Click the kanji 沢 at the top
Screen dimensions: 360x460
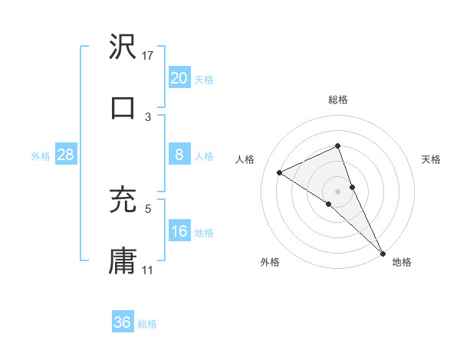[123, 47]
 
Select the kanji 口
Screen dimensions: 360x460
[123, 108]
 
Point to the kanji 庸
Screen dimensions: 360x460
[123, 260]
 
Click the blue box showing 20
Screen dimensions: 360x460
[179, 78]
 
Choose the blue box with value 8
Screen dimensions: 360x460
[179, 155]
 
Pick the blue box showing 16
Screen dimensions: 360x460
[179, 231]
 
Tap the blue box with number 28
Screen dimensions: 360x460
[65, 155]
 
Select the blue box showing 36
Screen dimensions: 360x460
[122, 322]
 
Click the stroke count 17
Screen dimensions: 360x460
[148, 55]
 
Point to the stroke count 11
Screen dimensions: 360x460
[148, 270]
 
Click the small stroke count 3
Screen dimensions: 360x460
[148, 116]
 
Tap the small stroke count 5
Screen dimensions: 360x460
[148, 208]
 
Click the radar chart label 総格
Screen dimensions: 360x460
[338, 100]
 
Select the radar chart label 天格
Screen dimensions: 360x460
[431, 159]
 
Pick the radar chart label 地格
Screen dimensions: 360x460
[402, 263]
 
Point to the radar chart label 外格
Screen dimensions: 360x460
[270, 263]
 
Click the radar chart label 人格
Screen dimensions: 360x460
[245, 159]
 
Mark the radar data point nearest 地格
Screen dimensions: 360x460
[383, 252]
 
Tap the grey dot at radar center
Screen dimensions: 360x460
[338, 191]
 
